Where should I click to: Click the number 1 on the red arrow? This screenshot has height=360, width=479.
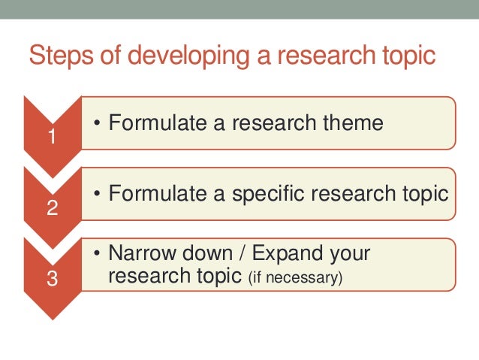tap(51, 138)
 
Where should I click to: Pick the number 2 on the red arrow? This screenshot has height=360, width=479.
tap(51, 208)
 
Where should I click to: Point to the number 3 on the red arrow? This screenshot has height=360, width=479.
tap(51, 279)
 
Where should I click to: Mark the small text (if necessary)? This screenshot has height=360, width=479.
tap(294, 278)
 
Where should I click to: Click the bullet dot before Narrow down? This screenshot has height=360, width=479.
tap(98, 254)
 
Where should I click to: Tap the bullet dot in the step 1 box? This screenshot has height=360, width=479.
tap(98, 123)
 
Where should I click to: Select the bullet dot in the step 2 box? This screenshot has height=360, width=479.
tap(98, 194)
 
